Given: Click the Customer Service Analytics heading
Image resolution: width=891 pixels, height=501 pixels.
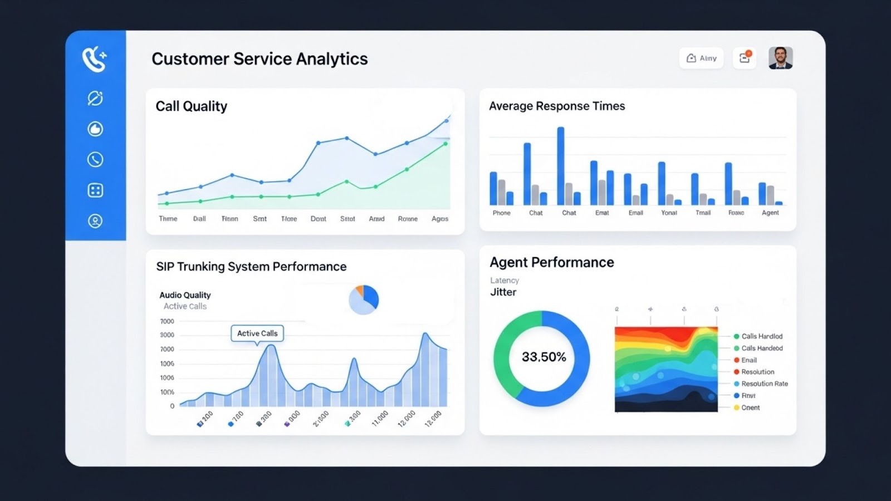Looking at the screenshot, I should pyautogui.click(x=260, y=59).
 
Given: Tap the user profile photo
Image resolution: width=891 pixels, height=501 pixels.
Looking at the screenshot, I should pyautogui.click(x=780, y=58).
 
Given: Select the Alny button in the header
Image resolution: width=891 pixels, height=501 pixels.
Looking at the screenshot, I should pyautogui.click(x=701, y=58).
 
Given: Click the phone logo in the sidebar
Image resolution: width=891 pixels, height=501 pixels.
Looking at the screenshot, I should pyautogui.click(x=95, y=59).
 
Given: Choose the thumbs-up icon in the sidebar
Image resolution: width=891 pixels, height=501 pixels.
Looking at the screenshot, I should pyautogui.click(x=95, y=129).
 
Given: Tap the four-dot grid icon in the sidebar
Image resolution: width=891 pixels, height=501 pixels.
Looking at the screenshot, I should pyautogui.click(x=95, y=190).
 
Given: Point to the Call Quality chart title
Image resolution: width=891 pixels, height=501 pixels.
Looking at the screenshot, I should pyautogui.click(x=191, y=106).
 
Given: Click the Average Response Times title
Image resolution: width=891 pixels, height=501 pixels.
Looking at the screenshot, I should pyautogui.click(x=557, y=106).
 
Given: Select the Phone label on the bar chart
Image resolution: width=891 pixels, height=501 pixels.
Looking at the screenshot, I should pyautogui.click(x=501, y=213).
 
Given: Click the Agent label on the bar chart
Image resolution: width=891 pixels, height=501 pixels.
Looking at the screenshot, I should pyautogui.click(x=770, y=213).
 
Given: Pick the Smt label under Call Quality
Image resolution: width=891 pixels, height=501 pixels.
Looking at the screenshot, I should pyautogui.click(x=260, y=219).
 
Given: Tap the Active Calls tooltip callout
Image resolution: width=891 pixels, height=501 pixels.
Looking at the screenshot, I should pyautogui.click(x=257, y=333).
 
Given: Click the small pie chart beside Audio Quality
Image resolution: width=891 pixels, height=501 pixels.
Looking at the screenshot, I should pyautogui.click(x=364, y=300).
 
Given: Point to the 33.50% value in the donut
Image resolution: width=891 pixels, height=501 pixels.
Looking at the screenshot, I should pyautogui.click(x=544, y=357).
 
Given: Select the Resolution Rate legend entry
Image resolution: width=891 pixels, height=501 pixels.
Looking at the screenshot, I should pyautogui.click(x=764, y=384).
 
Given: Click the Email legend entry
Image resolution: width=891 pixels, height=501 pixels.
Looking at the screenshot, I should pyautogui.click(x=748, y=360).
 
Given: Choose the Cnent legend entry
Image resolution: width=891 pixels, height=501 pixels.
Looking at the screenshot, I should pyautogui.click(x=750, y=407).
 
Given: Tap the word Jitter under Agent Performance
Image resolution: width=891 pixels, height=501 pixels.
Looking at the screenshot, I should pyautogui.click(x=503, y=292).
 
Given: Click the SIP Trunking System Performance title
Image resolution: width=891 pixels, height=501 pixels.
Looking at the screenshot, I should pyautogui.click(x=251, y=267).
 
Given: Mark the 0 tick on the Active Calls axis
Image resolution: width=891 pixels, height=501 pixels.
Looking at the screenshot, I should pyautogui.click(x=172, y=406).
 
